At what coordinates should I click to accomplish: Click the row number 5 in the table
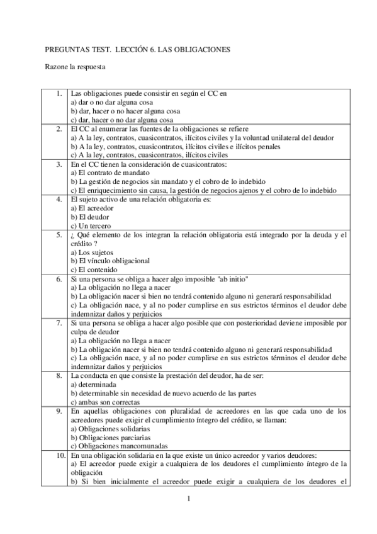tap(59, 235)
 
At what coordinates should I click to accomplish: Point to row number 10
tap(58, 455)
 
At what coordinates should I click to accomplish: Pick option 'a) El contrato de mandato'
tap(110, 173)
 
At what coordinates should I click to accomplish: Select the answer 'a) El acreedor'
tap(93, 208)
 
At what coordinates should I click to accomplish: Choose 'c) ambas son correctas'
tap(105, 402)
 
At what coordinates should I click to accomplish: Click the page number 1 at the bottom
tap(188, 501)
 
